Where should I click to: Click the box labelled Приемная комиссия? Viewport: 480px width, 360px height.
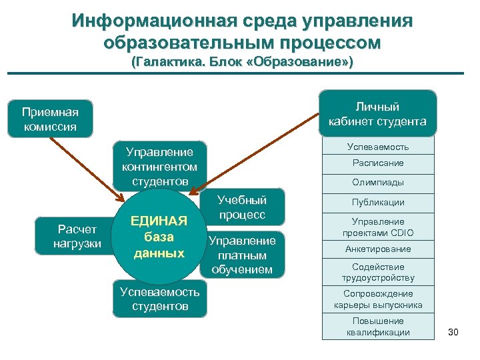(50, 119)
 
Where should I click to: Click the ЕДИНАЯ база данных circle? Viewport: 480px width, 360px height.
(159, 237)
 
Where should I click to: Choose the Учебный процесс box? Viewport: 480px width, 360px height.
(242, 207)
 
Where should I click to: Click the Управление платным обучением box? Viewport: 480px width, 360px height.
(242, 255)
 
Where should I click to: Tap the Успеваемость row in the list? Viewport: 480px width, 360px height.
(378, 146)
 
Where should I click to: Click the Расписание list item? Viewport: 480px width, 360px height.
(378, 163)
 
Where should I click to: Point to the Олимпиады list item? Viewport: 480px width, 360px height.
(378, 183)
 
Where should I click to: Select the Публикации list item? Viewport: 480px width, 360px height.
(378, 203)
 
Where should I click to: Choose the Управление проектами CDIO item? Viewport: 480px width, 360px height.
(378, 227)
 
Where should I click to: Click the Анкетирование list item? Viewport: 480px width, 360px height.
(378, 249)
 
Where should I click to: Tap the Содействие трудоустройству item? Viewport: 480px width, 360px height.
(378, 272)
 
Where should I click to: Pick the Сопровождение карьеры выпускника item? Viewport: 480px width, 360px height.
(378, 299)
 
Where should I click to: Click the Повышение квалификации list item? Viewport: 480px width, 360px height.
(378, 327)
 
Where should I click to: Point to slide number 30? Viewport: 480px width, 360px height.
(453, 331)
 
